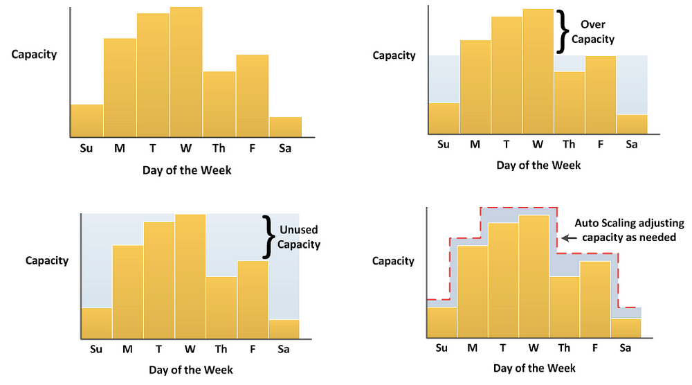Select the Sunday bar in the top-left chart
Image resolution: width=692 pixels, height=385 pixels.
[x=86, y=120]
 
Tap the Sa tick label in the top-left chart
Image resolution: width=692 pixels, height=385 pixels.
[x=284, y=148]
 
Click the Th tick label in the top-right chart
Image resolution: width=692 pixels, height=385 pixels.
[x=569, y=144]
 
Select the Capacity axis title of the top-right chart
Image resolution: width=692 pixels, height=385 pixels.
[x=394, y=55]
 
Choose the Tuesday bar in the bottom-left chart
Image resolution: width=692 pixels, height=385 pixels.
[x=159, y=280]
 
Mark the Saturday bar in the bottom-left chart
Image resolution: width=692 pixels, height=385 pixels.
[x=284, y=330]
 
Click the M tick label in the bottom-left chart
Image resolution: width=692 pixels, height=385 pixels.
[x=127, y=349]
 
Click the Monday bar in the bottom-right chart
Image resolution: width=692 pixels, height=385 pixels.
[x=473, y=291]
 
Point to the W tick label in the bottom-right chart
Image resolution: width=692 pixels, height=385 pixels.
[x=533, y=348]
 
